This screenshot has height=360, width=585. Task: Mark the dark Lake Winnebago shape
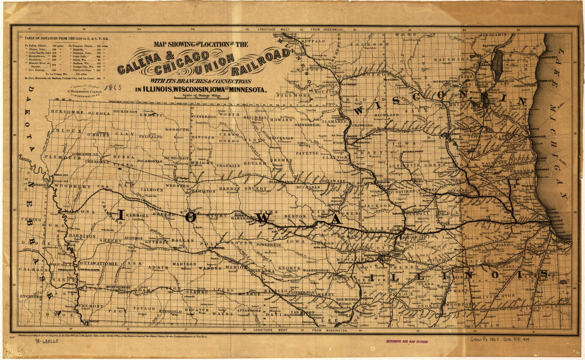click(498, 64)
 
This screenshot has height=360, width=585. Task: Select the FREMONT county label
click(90, 307)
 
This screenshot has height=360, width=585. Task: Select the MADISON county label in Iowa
click(185, 264)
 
